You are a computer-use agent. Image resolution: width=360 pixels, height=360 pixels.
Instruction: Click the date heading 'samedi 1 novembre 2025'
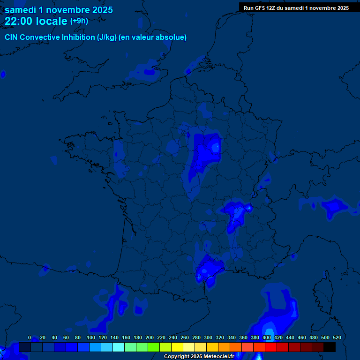click(x=59, y=10)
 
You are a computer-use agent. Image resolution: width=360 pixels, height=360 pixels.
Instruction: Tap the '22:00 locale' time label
click(x=36, y=21)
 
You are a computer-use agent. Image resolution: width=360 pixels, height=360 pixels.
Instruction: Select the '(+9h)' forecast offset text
click(x=79, y=21)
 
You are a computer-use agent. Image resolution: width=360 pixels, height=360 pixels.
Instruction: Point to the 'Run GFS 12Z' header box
click(x=296, y=7)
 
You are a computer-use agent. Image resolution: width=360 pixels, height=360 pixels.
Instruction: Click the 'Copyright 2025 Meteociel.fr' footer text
click(x=199, y=357)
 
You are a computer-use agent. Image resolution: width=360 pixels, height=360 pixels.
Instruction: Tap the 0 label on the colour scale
click(x=30, y=337)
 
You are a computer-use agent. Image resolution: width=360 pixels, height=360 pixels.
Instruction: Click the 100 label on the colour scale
click(x=91, y=337)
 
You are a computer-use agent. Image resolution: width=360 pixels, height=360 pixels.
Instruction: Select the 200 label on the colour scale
click(x=150, y=337)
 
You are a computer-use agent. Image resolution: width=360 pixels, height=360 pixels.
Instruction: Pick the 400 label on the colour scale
click(x=267, y=337)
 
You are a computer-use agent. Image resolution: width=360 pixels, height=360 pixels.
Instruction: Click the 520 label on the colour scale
click(x=337, y=337)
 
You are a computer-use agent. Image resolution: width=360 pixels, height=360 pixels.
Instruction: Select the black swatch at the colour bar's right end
click(x=330, y=347)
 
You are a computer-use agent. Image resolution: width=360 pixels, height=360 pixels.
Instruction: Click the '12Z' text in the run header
click(x=271, y=7)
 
